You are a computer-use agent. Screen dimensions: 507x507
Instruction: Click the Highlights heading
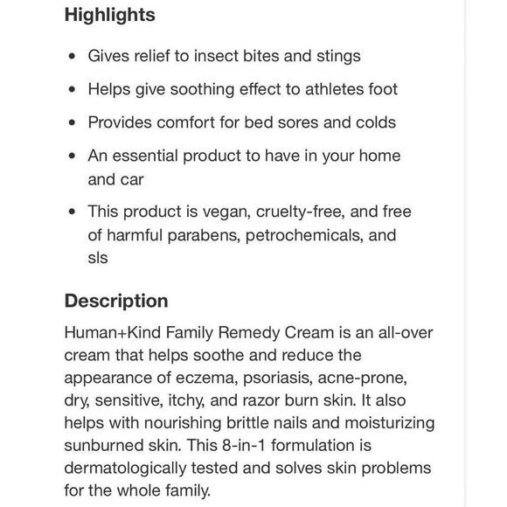point(109,15)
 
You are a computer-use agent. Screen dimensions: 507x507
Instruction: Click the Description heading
point(115,301)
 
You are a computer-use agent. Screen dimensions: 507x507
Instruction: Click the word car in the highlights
point(128,178)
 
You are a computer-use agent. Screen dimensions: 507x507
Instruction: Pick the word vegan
point(228,212)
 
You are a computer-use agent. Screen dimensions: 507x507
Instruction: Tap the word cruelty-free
point(302,212)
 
